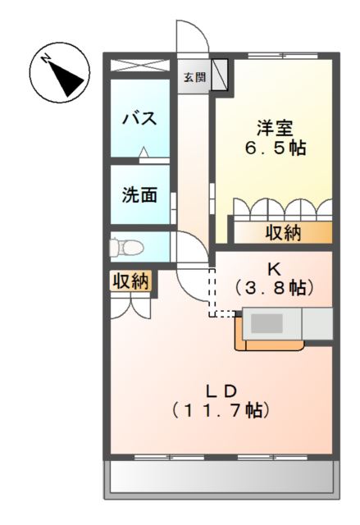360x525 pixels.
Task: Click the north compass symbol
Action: (x=59, y=72)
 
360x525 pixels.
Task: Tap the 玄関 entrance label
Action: (x=194, y=79)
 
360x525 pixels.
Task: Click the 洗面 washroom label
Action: (x=139, y=196)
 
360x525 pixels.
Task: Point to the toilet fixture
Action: (x=127, y=245)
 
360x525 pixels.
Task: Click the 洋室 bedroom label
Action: (x=274, y=129)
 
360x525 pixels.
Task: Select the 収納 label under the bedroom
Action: (x=283, y=233)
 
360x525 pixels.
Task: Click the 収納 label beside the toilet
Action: (x=130, y=281)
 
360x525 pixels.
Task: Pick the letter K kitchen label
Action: (x=273, y=268)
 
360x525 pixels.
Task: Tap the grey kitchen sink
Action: (x=266, y=323)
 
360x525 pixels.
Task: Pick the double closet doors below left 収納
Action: (x=130, y=305)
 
